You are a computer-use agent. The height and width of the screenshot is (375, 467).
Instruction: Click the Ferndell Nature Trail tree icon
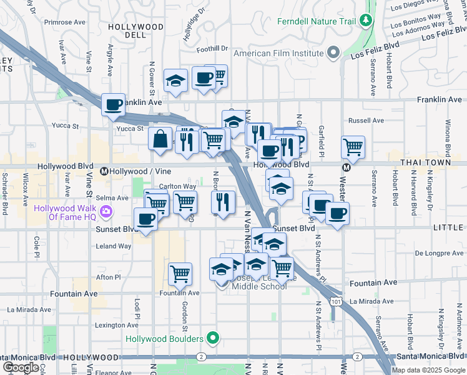[366, 22]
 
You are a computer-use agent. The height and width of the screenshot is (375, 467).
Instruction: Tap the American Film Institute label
[280, 53]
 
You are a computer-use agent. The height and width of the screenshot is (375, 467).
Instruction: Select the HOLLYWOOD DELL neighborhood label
[135, 27]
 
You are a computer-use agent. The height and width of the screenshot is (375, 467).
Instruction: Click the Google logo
[21, 367]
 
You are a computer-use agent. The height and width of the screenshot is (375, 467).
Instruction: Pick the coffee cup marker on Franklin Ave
[113, 105]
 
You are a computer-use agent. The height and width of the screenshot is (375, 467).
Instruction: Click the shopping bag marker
[160, 138]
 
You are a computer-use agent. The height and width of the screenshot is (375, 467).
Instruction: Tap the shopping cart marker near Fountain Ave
[180, 273]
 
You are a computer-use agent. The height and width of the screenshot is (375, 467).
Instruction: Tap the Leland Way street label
[114, 246]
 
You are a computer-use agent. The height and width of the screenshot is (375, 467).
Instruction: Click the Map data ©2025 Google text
[428, 370]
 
